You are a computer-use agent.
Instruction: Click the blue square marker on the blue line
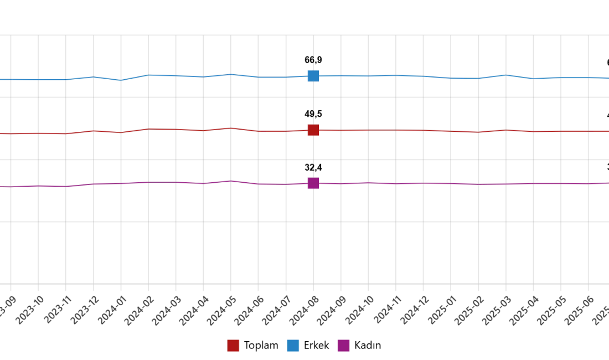pyautogui.click(x=313, y=76)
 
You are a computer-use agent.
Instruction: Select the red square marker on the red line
pyautogui.click(x=313, y=131)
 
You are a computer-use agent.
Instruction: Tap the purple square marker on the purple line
pyautogui.click(x=313, y=183)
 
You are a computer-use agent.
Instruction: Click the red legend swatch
pyautogui.click(x=234, y=346)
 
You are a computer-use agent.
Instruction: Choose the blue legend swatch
pyautogui.click(x=292, y=346)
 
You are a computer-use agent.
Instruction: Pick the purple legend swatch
pyautogui.click(x=343, y=346)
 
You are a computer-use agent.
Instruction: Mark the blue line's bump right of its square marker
pyautogui.click(x=505, y=73)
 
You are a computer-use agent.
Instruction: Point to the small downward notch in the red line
pyautogui.click(x=117, y=134)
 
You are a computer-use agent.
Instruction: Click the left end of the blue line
pyautogui.click(x=1, y=81)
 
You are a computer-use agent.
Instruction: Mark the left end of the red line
pyautogui.click(x=1, y=135)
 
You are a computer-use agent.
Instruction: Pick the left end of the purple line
pyautogui.click(x=1, y=188)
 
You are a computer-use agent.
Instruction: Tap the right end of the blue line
pyautogui.click(x=607, y=78)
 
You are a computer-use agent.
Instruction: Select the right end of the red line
pyautogui.click(x=607, y=131)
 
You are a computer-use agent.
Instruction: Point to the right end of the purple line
pyautogui.click(x=607, y=183)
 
